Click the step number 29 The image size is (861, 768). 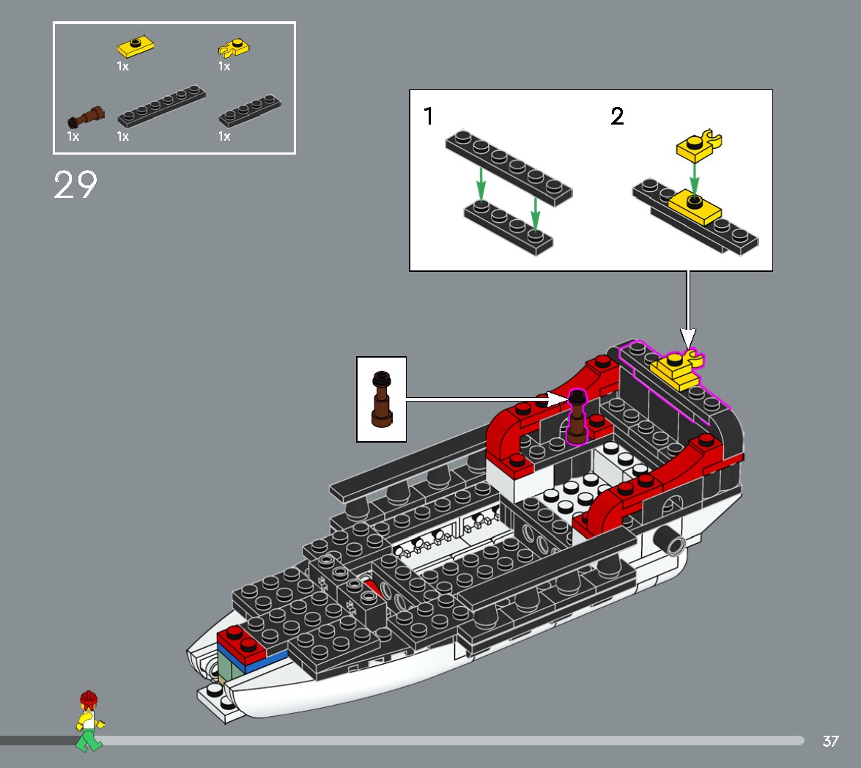75,185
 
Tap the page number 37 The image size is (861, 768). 830,741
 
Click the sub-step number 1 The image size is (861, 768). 429,117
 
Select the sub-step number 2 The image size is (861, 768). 618,117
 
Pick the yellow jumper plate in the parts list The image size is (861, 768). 136,48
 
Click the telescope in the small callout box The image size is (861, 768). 381,399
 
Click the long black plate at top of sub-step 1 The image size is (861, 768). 508,168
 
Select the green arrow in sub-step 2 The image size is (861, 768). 694,176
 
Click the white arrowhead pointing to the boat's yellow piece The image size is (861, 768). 687,338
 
